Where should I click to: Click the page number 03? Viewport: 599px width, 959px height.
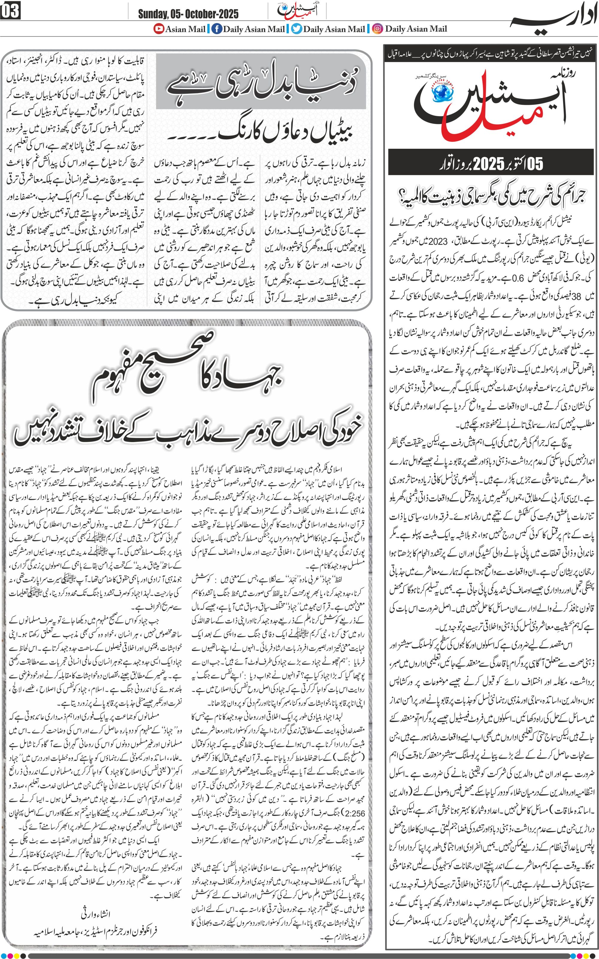click(x=10, y=11)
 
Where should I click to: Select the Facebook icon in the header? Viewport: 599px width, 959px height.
click(x=216, y=29)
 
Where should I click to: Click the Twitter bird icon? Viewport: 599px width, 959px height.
click(x=296, y=29)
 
